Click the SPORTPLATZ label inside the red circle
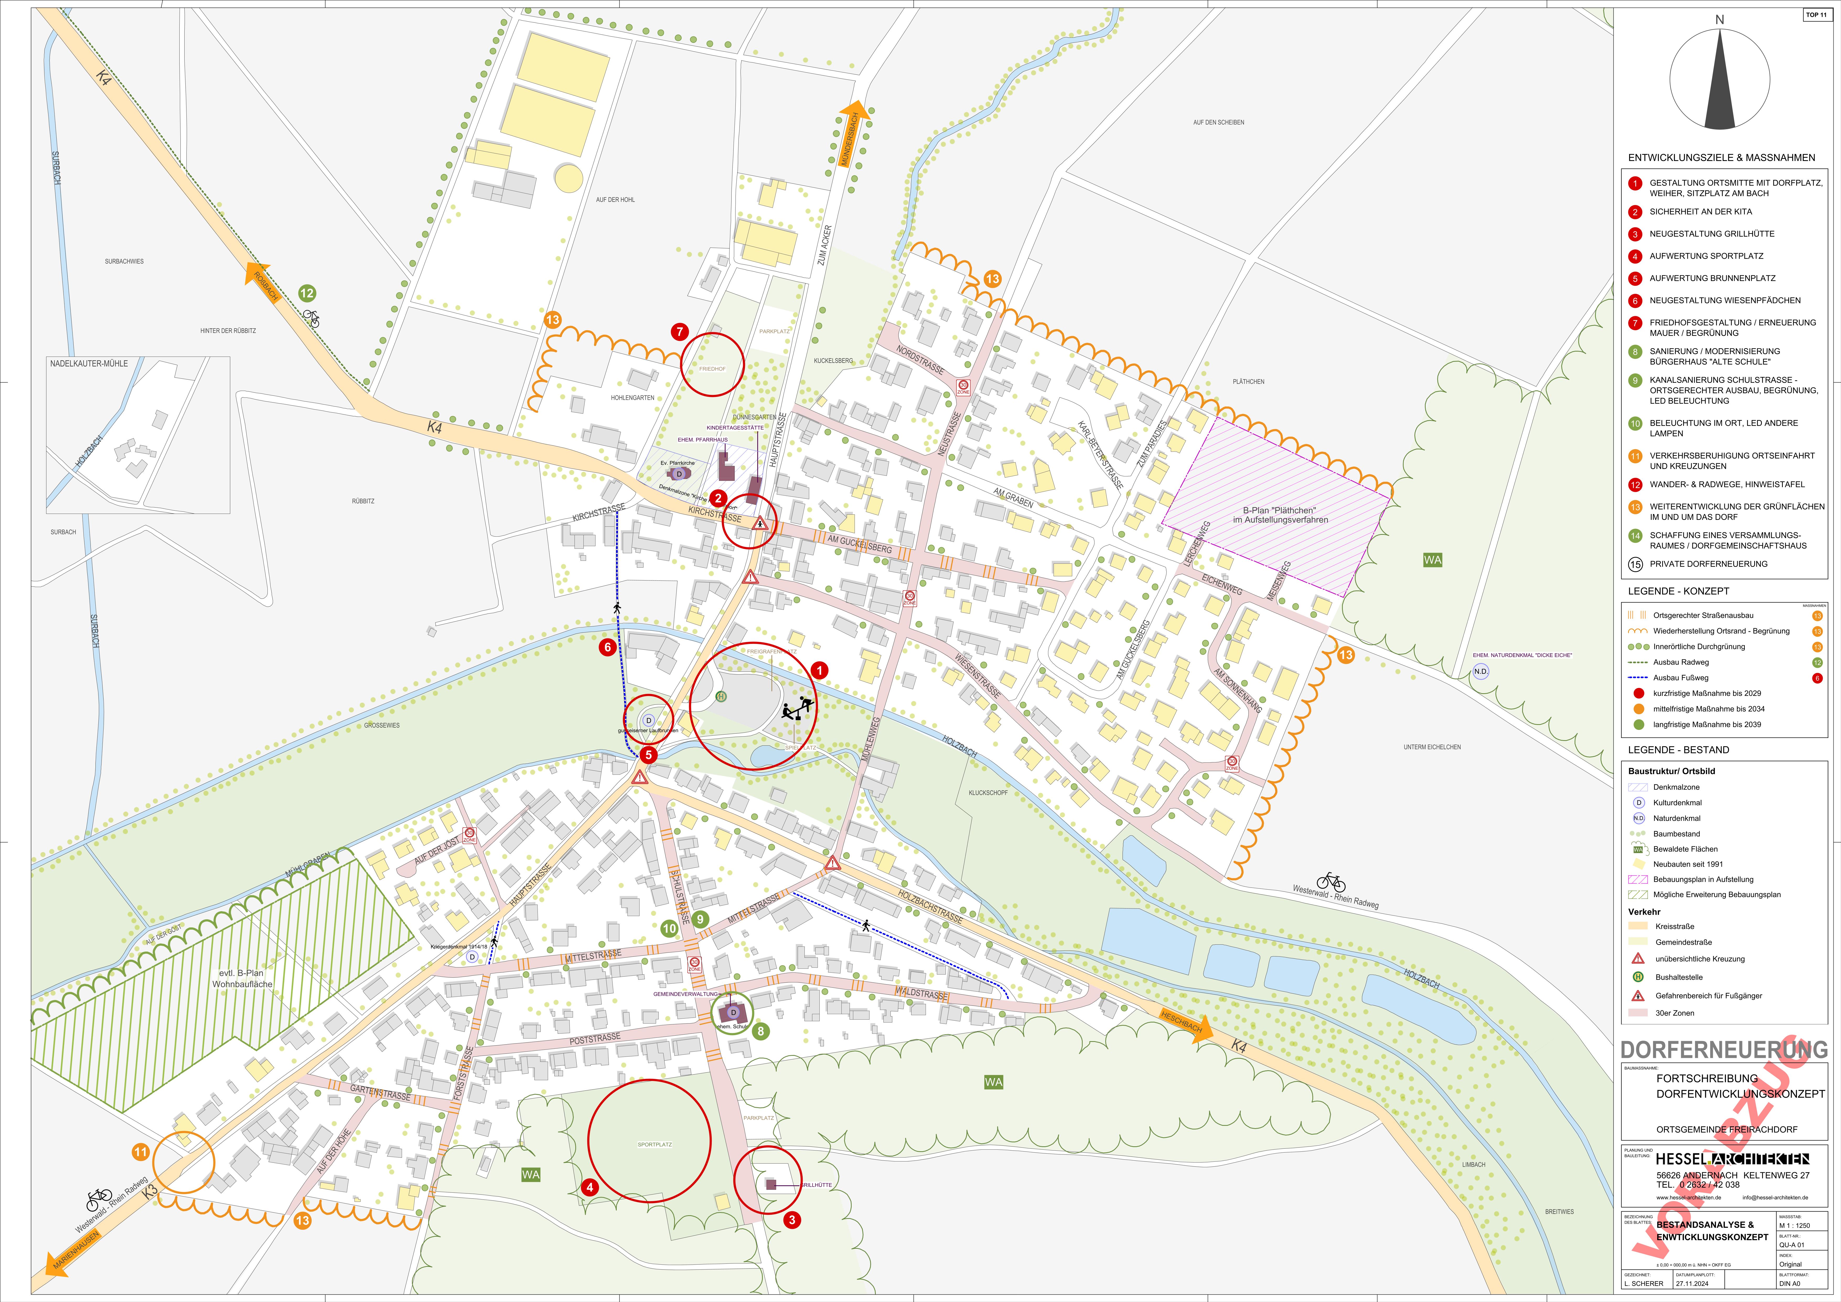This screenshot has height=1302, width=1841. click(654, 1144)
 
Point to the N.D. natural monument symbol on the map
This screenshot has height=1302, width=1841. click(1480, 671)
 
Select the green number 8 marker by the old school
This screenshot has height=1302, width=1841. click(760, 1031)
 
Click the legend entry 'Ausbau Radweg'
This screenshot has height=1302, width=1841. click(1681, 662)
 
